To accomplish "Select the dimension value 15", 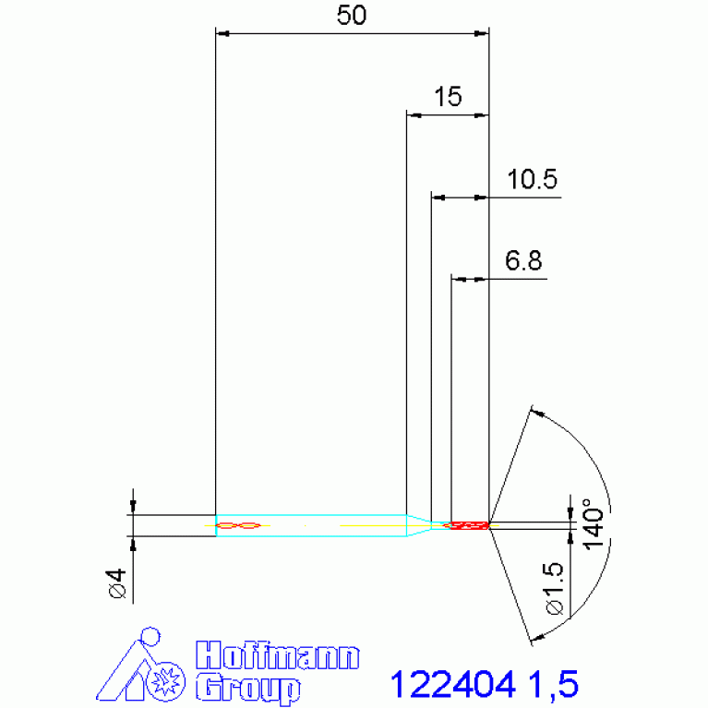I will coord(448,98).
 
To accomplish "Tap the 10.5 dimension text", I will coord(533,180).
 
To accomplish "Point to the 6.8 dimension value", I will coord(522,261).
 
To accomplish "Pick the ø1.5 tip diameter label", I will coord(554,591).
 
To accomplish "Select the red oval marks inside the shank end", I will coord(237,526).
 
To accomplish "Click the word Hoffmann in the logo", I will coord(277,657).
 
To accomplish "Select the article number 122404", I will coord(451,685).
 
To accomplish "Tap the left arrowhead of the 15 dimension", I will coord(413,115).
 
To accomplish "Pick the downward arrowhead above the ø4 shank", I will coord(133,507).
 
